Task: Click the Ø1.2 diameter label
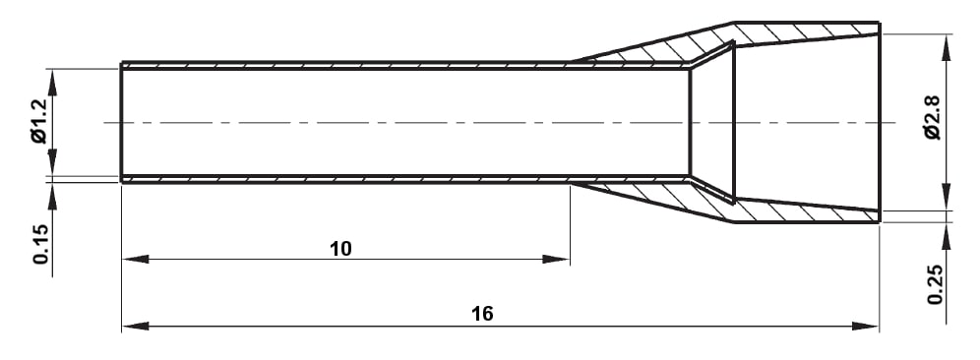point(38,124)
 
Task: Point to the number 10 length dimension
point(340,249)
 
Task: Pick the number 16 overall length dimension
point(481,314)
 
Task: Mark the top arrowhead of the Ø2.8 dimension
point(946,45)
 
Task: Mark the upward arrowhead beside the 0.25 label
point(946,232)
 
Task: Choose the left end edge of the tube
point(121,123)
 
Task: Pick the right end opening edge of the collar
point(879,123)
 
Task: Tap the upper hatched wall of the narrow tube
point(344,66)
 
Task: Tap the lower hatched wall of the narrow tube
point(344,179)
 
